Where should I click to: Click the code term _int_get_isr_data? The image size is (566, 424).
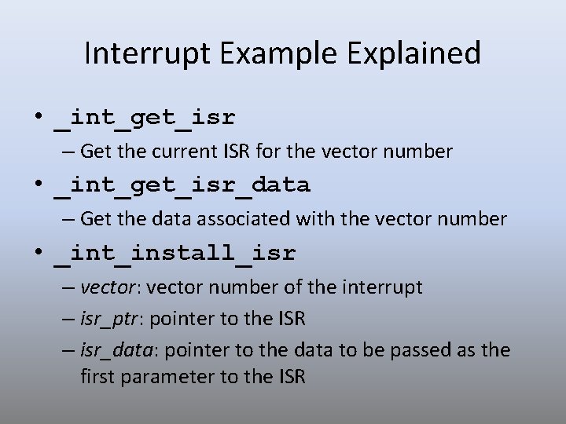pyautogui.click(x=182, y=185)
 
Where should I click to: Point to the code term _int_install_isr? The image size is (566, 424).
pyautogui.click(x=175, y=254)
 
